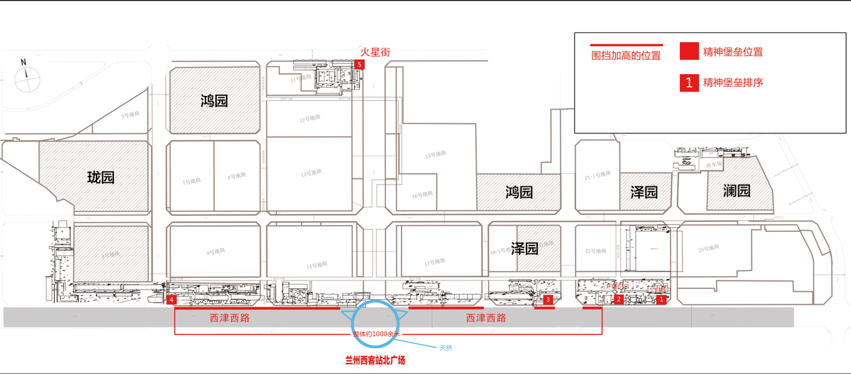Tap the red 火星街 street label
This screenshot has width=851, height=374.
pyautogui.click(x=375, y=53)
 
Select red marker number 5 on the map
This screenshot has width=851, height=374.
pyautogui.click(x=359, y=64)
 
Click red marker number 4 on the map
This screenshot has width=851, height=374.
pyautogui.click(x=172, y=300)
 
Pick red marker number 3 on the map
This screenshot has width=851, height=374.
pyautogui.click(x=548, y=300)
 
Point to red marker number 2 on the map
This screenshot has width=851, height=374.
pyautogui.click(x=619, y=300)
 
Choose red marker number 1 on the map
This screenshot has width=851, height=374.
pyautogui.click(x=661, y=300)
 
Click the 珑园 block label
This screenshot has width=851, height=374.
pyautogui.click(x=101, y=178)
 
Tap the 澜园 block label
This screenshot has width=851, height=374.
pyautogui.click(x=736, y=191)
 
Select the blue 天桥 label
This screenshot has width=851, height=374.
pyautogui.click(x=446, y=348)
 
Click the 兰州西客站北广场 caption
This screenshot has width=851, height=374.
pyautogui.click(x=375, y=360)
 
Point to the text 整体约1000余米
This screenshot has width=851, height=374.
pyautogui.click(x=377, y=334)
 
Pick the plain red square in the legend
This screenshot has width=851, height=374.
pyautogui.click(x=689, y=51)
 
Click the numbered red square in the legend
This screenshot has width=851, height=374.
pyautogui.click(x=689, y=83)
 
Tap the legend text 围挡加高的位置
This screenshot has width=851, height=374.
pyautogui.click(x=626, y=56)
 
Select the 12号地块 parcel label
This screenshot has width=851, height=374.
pyautogui.click(x=309, y=118)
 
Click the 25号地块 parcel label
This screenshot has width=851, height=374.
pyautogui.click(x=708, y=249)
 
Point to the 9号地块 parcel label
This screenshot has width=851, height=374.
pyautogui.click(x=215, y=252)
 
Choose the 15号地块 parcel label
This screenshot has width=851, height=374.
pyautogui.click(x=436, y=154)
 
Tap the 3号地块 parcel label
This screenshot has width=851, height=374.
pyautogui.click(x=130, y=114)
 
